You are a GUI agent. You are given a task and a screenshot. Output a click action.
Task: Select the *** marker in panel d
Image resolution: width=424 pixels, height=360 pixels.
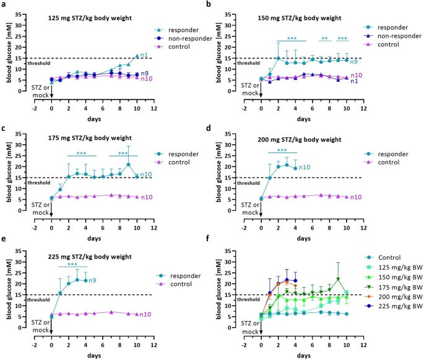click(282, 150)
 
